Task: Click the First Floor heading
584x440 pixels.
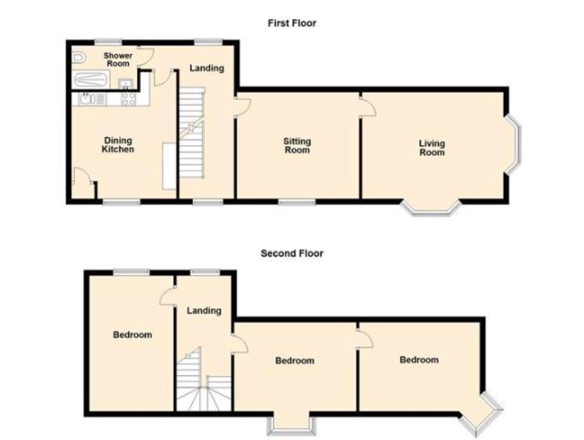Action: point(292,23)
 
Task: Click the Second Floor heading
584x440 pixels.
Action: point(292,253)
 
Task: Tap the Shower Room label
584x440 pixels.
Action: point(118,59)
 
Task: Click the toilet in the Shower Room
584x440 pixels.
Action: point(79,58)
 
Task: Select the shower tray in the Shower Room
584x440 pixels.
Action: point(90,80)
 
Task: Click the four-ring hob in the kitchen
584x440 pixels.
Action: point(129,99)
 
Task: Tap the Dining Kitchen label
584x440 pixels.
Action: point(118,145)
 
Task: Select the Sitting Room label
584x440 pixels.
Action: point(297,145)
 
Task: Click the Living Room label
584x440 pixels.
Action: point(432,148)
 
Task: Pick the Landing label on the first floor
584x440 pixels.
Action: point(207,69)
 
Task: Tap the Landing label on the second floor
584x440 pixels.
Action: point(204,311)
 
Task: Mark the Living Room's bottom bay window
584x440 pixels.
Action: point(431,209)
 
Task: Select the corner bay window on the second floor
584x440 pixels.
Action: point(482,413)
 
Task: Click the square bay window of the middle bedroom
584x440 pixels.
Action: point(292,426)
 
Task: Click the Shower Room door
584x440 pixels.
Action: point(146,58)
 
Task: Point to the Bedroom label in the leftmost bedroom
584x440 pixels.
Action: point(133,335)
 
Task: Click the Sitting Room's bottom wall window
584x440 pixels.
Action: point(297,202)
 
